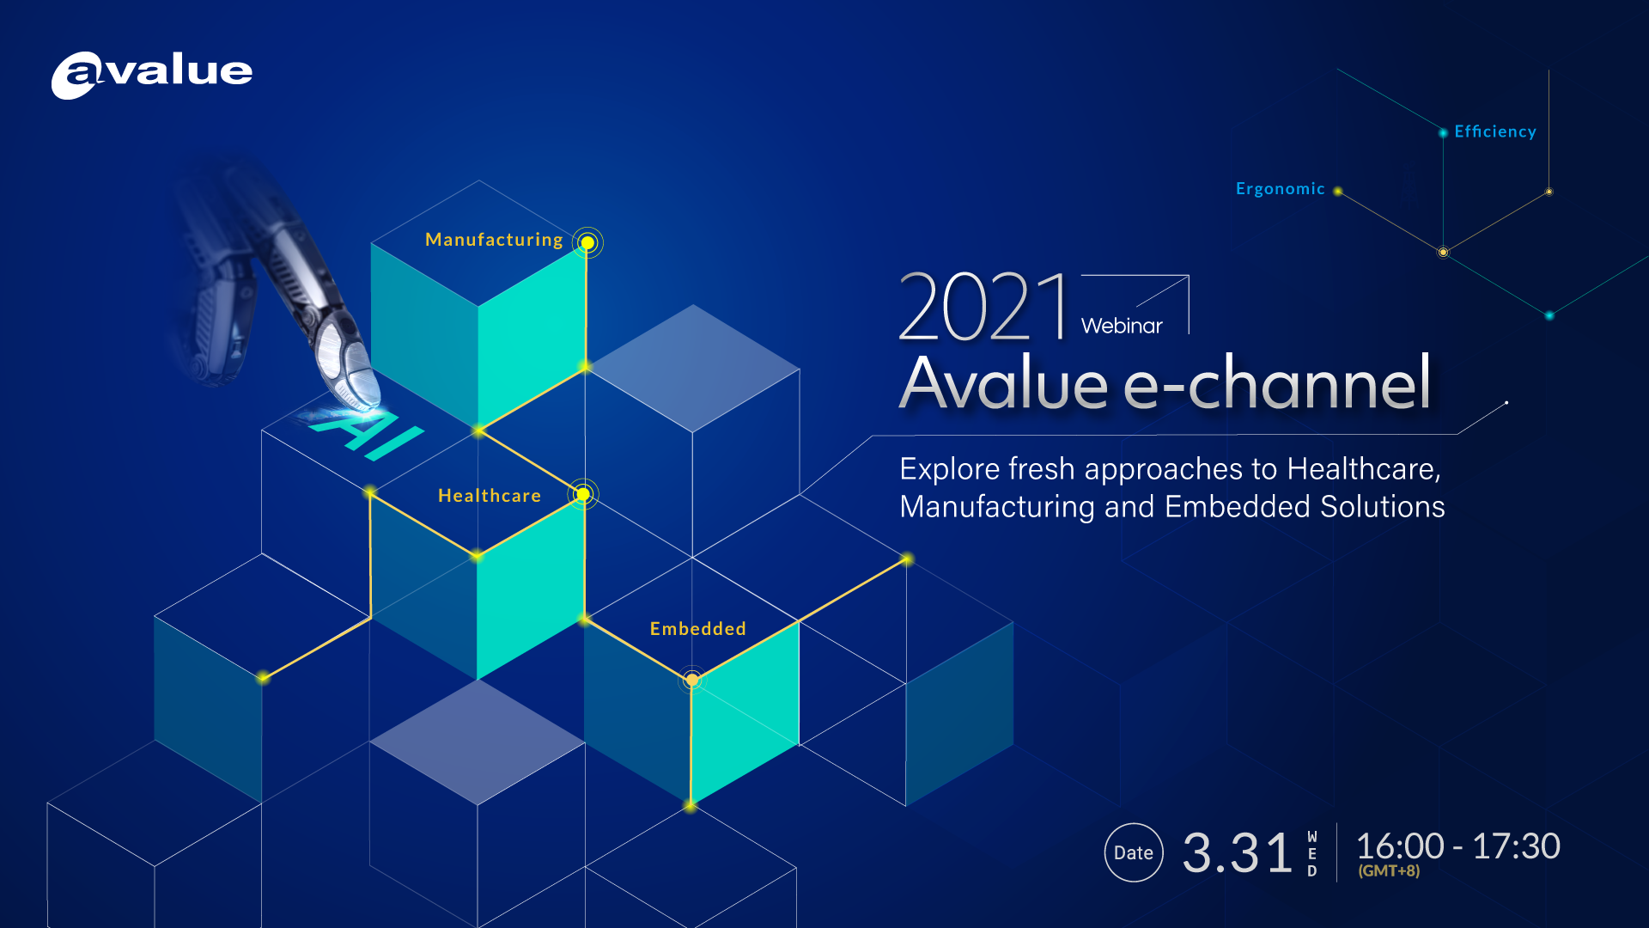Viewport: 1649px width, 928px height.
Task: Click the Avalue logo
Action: pos(152,74)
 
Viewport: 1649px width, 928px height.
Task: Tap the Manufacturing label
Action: pos(494,240)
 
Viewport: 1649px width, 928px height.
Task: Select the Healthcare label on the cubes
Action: pos(490,496)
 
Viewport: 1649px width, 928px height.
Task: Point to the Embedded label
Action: pos(697,629)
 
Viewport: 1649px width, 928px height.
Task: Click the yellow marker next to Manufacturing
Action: pos(587,243)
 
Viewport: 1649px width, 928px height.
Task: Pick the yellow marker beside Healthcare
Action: pos(583,494)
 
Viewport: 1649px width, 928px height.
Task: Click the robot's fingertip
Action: pos(365,391)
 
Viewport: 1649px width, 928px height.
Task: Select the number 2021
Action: pos(984,308)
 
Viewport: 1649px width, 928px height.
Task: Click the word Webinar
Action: pos(1121,327)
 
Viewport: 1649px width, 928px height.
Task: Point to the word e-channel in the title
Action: pos(1277,383)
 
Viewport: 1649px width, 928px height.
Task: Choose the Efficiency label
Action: pos(1494,131)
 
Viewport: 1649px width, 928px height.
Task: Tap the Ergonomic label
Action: pos(1280,189)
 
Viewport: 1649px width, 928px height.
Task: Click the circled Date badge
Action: pos(1134,852)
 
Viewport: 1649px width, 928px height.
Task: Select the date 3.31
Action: pos(1237,853)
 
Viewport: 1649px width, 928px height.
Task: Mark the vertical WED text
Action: pos(1311,853)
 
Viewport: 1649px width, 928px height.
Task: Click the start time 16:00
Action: pos(1400,846)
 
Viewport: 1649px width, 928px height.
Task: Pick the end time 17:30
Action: pos(1516,846)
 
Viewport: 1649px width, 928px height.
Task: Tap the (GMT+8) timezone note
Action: pos(1389,871)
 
